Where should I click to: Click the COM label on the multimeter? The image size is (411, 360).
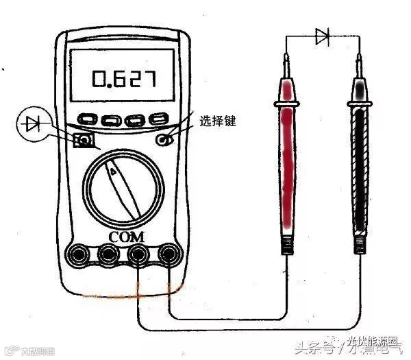(124, 237)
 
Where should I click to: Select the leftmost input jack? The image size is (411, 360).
(77, 254)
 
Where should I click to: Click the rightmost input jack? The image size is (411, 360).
(169, 254)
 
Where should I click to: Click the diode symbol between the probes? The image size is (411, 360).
(323, 36)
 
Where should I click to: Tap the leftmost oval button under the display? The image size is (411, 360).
(88, 119)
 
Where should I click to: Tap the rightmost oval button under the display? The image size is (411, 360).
(159, 118)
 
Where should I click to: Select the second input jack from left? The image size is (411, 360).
(108, 254)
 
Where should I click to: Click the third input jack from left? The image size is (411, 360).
(139, 254)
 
